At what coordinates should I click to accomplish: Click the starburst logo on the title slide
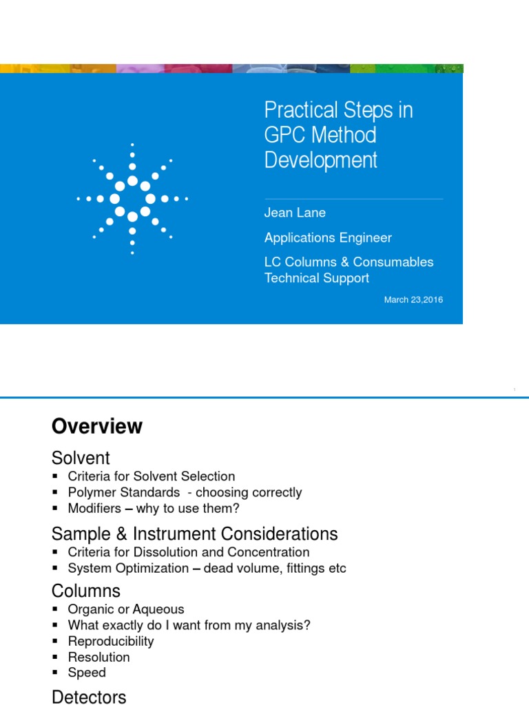[x=132, y=198]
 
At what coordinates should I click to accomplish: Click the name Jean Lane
[x=295, y=213]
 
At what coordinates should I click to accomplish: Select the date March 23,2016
[x=413, y=299]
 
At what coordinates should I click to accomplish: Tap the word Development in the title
[x=321, y=160]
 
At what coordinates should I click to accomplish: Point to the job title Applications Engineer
[x=328, y=238]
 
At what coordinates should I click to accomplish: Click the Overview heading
[x=97, y=426]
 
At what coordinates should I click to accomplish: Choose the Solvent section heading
[x=81, y=458]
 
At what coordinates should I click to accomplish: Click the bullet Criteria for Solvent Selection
[x=151, y=476]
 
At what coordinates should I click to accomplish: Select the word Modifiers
[x=93, y=509]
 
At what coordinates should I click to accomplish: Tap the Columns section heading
[x=86, y=591]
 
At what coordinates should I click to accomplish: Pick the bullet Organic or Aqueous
[x=125, y=609]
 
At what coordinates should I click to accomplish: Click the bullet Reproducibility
[x=110, y=641]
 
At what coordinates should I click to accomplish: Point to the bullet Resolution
[x=98, y=657]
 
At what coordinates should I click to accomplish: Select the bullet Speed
[x=87, y=673]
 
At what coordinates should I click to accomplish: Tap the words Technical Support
[x=317, y=278]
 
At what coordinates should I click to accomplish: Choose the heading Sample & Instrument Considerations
[x=194, y=534]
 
